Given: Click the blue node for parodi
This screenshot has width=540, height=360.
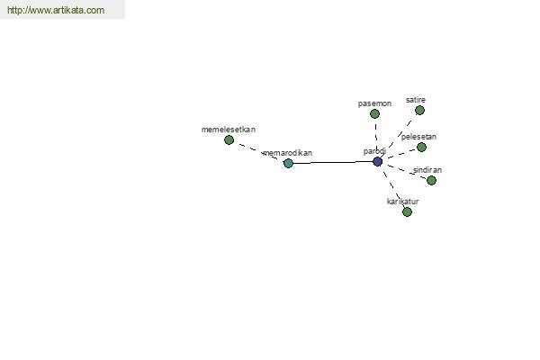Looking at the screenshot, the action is pyautogui.click(x=377, y=161).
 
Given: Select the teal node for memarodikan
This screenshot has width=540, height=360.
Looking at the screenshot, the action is pyautogui.click(x=288, y=163).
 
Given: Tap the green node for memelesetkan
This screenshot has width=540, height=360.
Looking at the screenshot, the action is pyautogui.click(x=229, y=139).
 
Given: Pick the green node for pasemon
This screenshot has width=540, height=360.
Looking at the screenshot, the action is pyautogui.click(x=374, y=113).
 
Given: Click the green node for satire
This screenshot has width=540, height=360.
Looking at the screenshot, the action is pyautogui.click(x=419, y=110).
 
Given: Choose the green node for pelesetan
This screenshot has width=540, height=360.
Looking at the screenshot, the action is pyautogui.click(x=421, y=147).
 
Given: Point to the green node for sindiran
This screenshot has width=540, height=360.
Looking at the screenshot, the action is pyautogui.click(x=431, y=180).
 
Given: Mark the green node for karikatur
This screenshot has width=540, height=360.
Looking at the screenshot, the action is pyautogui.click(x=407, y=211).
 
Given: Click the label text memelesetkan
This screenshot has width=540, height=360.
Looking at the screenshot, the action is pyautogui.click(x=229, y=130).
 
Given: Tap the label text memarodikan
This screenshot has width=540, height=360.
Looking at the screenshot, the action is pyautogui.click(x=288, y=153).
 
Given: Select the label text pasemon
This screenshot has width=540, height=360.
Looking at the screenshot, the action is pyautogui.click(x=374, y=103).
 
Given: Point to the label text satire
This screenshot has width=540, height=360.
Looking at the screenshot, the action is pyautogui.click(x=416, y=100).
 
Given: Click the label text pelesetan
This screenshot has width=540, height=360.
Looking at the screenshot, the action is pyautogui.click(x=418, y=137).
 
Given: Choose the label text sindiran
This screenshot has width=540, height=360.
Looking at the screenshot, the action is pyautogui.click(x=427, y=170).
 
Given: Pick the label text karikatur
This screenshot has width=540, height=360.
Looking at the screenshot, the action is pyautogui.click(x=402, y=202).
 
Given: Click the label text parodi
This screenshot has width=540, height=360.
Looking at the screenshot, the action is pyautogui.click(x=374, y=151).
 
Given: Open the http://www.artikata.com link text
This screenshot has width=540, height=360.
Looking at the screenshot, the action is pyautogui.click(x=56, y=10).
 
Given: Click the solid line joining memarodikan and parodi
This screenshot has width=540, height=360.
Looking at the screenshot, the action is pyautogui.click(x=333, y=162).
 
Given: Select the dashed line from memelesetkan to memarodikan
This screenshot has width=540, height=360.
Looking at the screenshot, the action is pyautogui.click(x=258, y=151).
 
